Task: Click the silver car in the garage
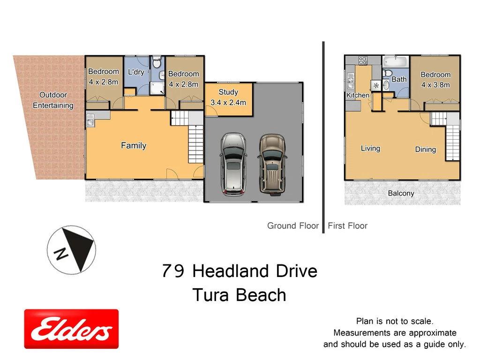pyautogui.click(x=233, y=164)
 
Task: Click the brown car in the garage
pyautogui.click(x=271, y=164)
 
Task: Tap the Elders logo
pyautogui.click(x=71, y=329)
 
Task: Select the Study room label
pyautogui.click(x=228, y=92)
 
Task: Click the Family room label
pyautogui.click(x=134, y=146)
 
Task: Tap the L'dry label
pyautogui.click(x=136, y=72)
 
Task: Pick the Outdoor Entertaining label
pyautogui.click(x=53, y=100)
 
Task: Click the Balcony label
pyautogui.click(x=401, y=193)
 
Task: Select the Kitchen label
pyautogui.click(x=358, y=96)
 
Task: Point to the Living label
pyautogui.click(x=370, y=149)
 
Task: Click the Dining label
pyautogui.click(x=425, y=150)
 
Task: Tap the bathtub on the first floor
pyautogui.click(x=396, y=62)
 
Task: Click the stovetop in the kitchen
pyautogui.click(x=363, y=60)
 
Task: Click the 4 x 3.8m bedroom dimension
pyautogui.click(x=435, y=85)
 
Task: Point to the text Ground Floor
pyautogui.click(x=293, y=226)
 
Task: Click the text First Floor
pyautogui.click(x=347, y=226)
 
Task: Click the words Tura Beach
pyautogui.click(x=239, y=295)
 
